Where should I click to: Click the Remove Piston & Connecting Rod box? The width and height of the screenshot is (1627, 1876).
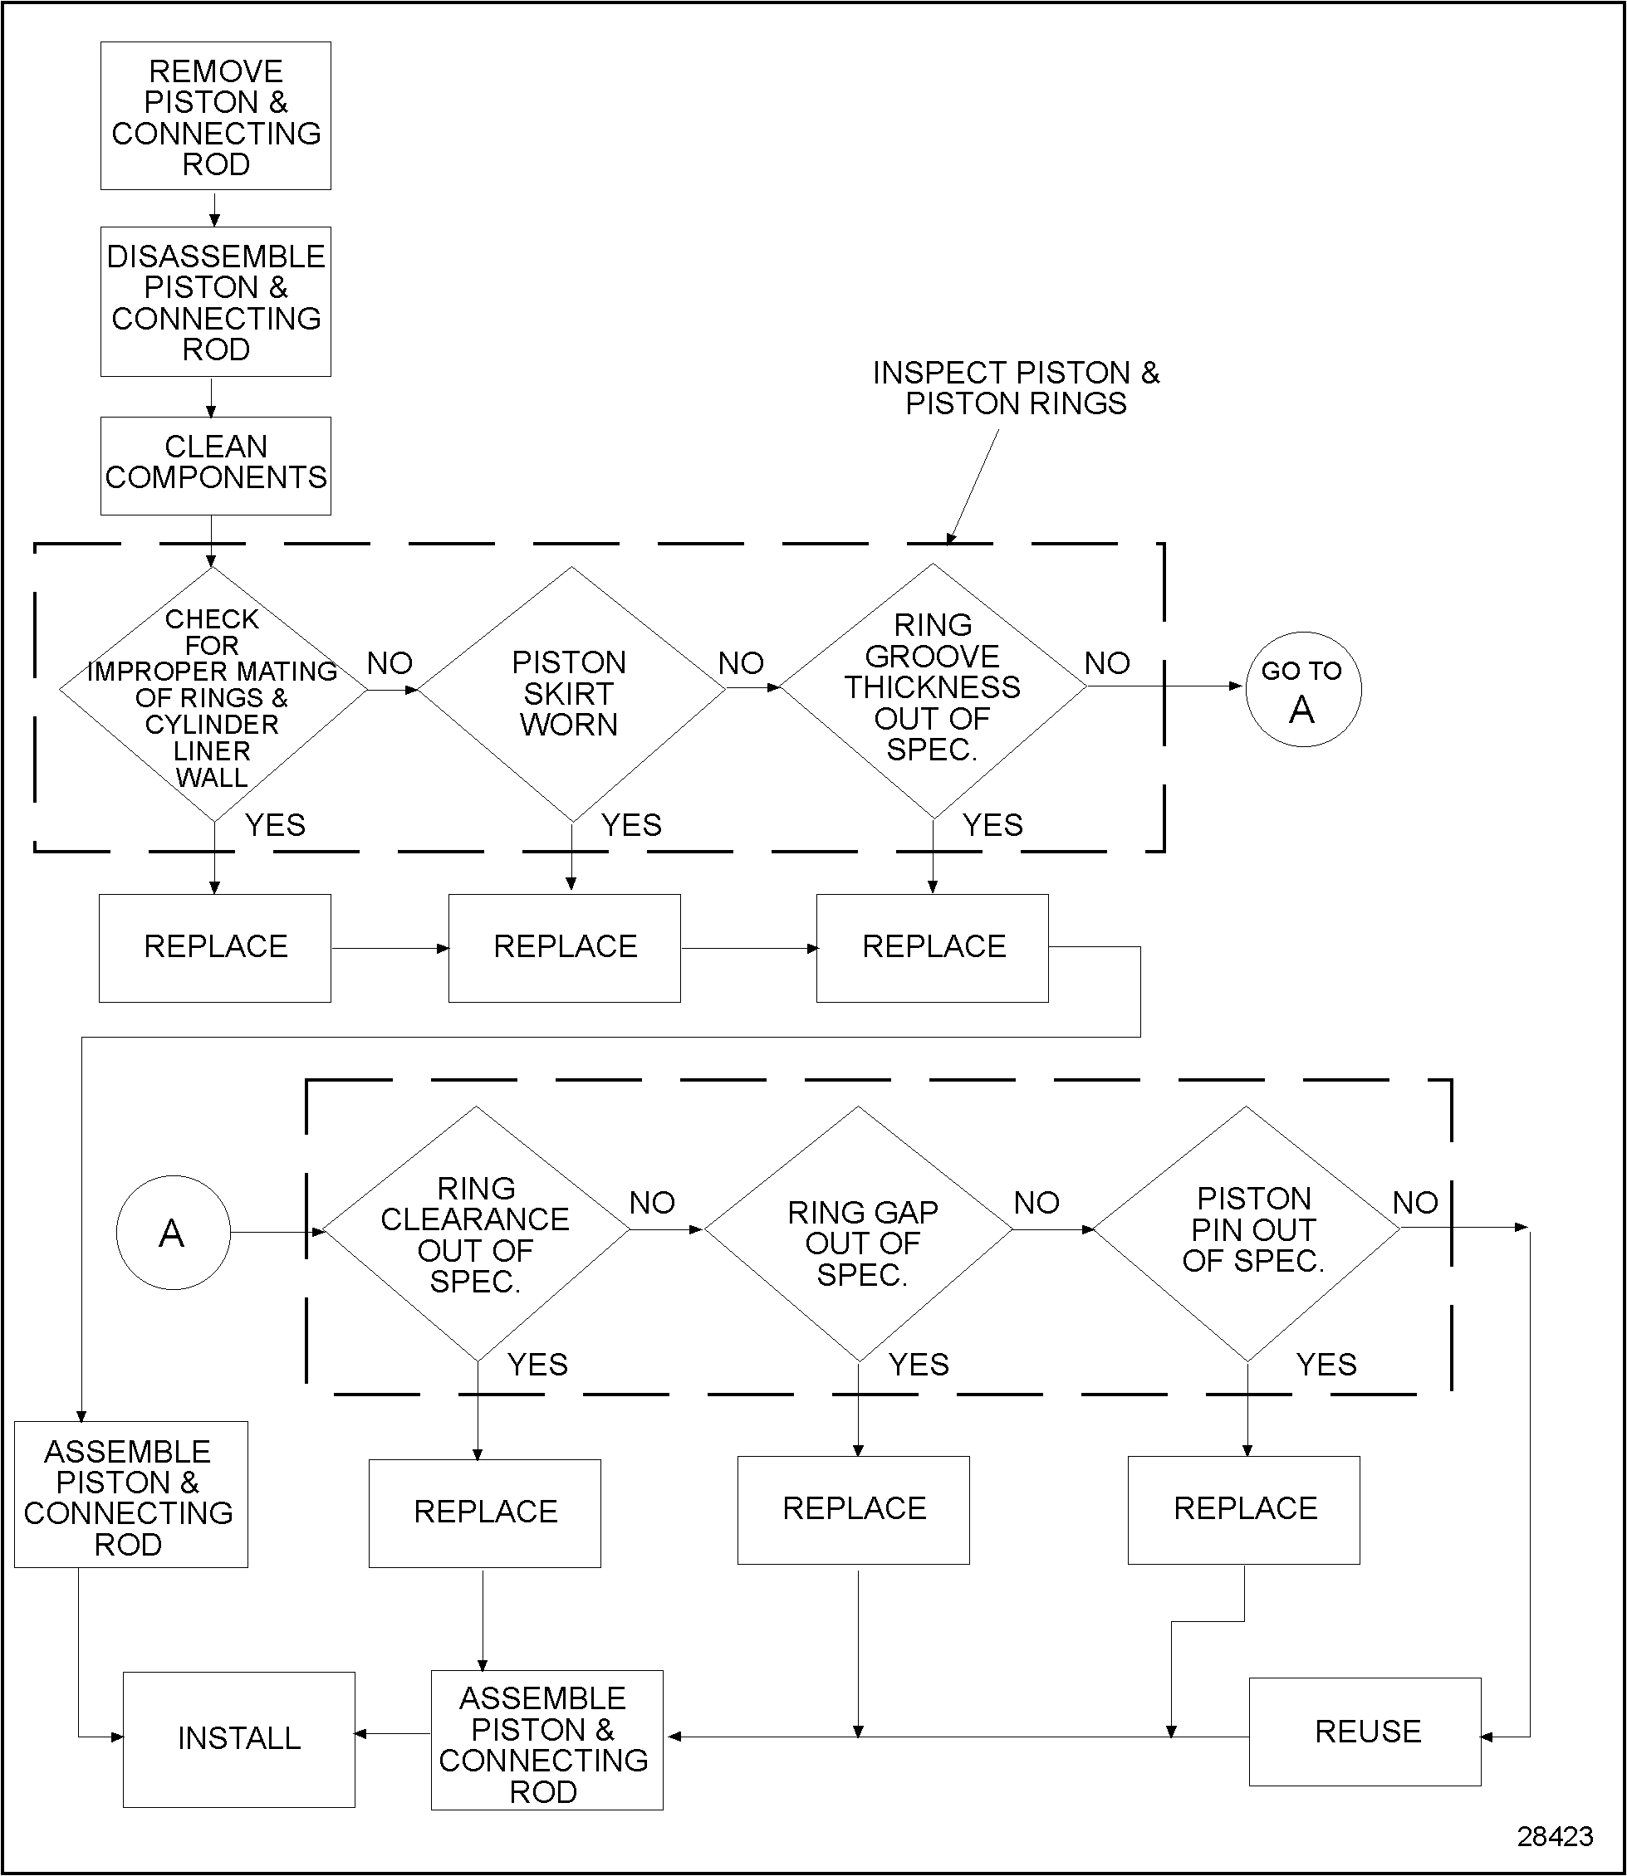coord(215,116)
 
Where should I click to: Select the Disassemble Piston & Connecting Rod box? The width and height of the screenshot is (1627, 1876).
coord(215,301)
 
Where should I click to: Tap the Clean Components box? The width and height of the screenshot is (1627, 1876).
coord(215,465)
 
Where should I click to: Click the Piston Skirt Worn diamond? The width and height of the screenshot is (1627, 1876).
coord(571,693)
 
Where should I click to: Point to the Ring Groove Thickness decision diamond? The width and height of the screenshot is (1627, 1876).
coord(933,690)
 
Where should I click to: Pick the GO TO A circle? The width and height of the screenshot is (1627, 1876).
coord(1302,690)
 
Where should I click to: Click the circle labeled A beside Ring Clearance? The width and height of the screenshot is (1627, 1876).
coord(173,1233)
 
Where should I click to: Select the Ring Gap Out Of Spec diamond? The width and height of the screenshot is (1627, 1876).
coord(859,1243)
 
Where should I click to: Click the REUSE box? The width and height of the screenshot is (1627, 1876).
coord(1365,1732)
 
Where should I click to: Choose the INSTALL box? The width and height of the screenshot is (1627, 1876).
coord(239,1738)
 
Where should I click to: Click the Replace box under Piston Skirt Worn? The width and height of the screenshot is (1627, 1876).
coord(565,947)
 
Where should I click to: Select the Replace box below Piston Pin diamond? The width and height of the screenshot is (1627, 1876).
coord(1243,1508)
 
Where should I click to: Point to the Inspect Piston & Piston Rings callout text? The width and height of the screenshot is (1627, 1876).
coord(1016,388)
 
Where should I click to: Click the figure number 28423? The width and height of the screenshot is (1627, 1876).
coord(1555,1837)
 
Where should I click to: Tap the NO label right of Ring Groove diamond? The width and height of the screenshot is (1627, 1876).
coord(1107,663)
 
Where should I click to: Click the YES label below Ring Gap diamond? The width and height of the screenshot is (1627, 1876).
coord(918,1364)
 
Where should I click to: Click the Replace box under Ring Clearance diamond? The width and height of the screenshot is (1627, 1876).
coord(485,1512)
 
